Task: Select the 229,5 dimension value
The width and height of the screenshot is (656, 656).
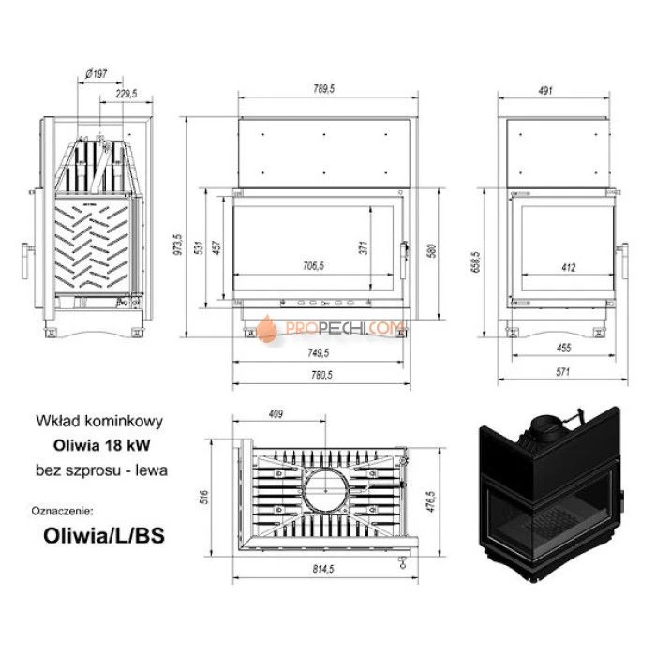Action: [x=127, y=94]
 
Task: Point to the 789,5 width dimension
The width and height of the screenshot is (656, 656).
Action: [x=325, y=90]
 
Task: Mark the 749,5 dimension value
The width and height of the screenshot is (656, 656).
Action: [x=319, y=353]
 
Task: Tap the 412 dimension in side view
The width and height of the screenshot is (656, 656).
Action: [x=569, y=267]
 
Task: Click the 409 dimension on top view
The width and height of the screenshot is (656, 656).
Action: [x=276, y=413]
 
